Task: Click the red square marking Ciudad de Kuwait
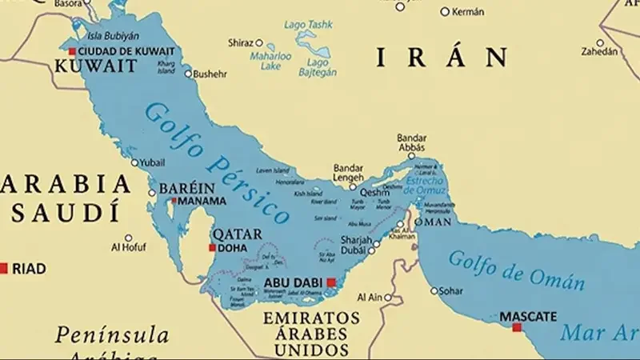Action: point(72,52)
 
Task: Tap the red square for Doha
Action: point(212,248)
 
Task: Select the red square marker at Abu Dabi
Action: point(330,282)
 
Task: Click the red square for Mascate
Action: point(517,327)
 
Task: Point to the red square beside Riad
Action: point(4,268)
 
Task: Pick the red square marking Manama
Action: point(175,200)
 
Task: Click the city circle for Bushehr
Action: point(189,74)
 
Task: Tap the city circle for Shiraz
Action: point(259,42)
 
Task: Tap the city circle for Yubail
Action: point(135,162)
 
